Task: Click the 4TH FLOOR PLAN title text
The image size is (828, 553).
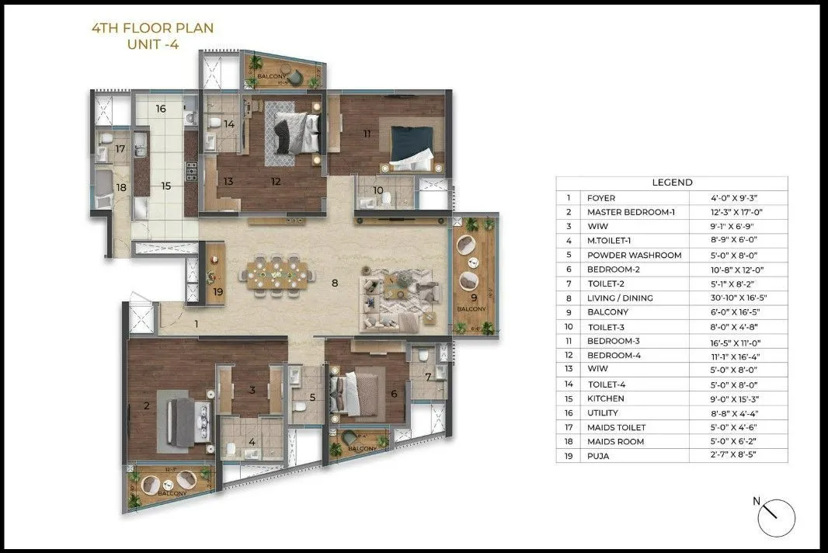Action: (x=152, y=29)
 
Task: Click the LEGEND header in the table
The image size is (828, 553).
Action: (x=672, y=183)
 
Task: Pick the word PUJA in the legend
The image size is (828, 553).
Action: (x=598, y=456)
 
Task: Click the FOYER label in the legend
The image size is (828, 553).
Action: (x=601, y=198)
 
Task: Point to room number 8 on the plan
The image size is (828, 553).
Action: (x=335, y=283)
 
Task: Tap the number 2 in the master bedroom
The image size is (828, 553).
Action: (x=146, y=405)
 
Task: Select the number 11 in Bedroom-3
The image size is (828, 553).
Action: (x=367, y=134)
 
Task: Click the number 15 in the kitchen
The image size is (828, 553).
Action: (x=165, y=186)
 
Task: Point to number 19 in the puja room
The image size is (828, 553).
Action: (x=217, y=292)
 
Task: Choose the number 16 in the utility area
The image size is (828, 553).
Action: (x=161, y=109)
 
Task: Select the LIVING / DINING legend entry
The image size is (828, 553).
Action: (x=620, y=298)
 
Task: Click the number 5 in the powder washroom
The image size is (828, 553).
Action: (x=312, y=398)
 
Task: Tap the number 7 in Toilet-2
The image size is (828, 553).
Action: (x=428, y=377)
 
